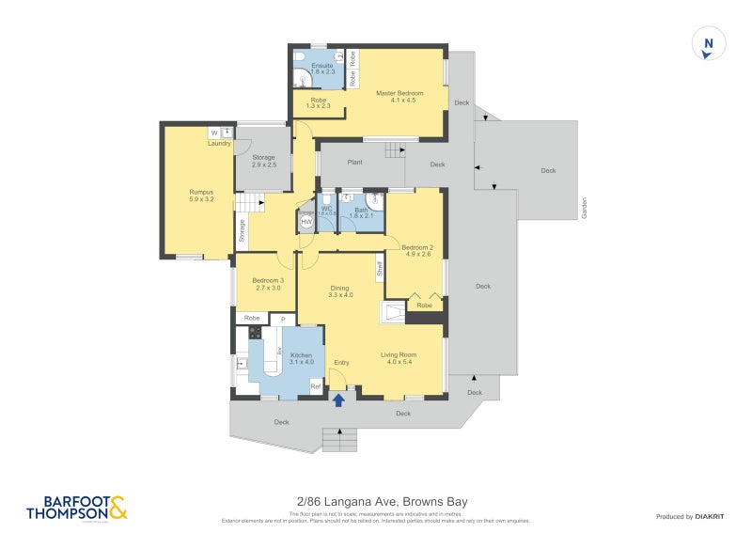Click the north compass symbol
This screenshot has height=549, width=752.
coord(709,44)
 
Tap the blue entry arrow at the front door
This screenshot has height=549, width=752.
coord(338,400)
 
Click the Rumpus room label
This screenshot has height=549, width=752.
coord(196,196)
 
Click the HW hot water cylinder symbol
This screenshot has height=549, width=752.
coord(307,221)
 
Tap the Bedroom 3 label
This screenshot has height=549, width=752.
coord(267,285)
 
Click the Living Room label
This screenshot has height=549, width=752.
coord(398,358)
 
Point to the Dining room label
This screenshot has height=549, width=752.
coord(339,291)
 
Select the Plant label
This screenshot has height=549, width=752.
coord(355,163)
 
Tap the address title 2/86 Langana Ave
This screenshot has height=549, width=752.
coord(376,502)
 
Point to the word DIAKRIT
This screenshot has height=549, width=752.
coord(716,517)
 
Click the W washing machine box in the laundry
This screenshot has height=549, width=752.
coord(214,133)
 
